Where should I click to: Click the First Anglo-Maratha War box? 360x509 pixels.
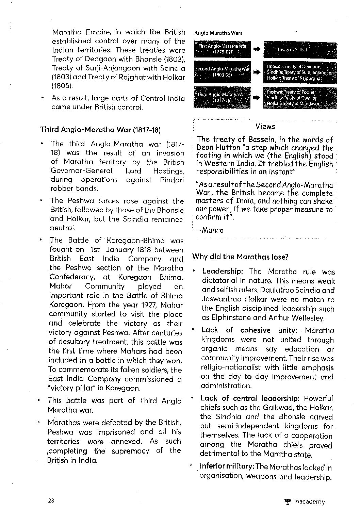pos(222,49)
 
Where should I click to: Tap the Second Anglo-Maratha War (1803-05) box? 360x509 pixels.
pos(222,72)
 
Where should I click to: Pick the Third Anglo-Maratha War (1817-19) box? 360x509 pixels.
pos(222,98)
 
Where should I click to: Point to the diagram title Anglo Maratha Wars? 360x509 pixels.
pos(218,33)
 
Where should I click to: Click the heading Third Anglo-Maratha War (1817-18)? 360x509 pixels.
pos(101,130)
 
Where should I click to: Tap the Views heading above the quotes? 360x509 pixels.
pos(265,127)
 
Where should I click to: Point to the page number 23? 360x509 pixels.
pos(51,501)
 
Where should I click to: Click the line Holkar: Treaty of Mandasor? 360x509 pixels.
pos(293,104)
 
